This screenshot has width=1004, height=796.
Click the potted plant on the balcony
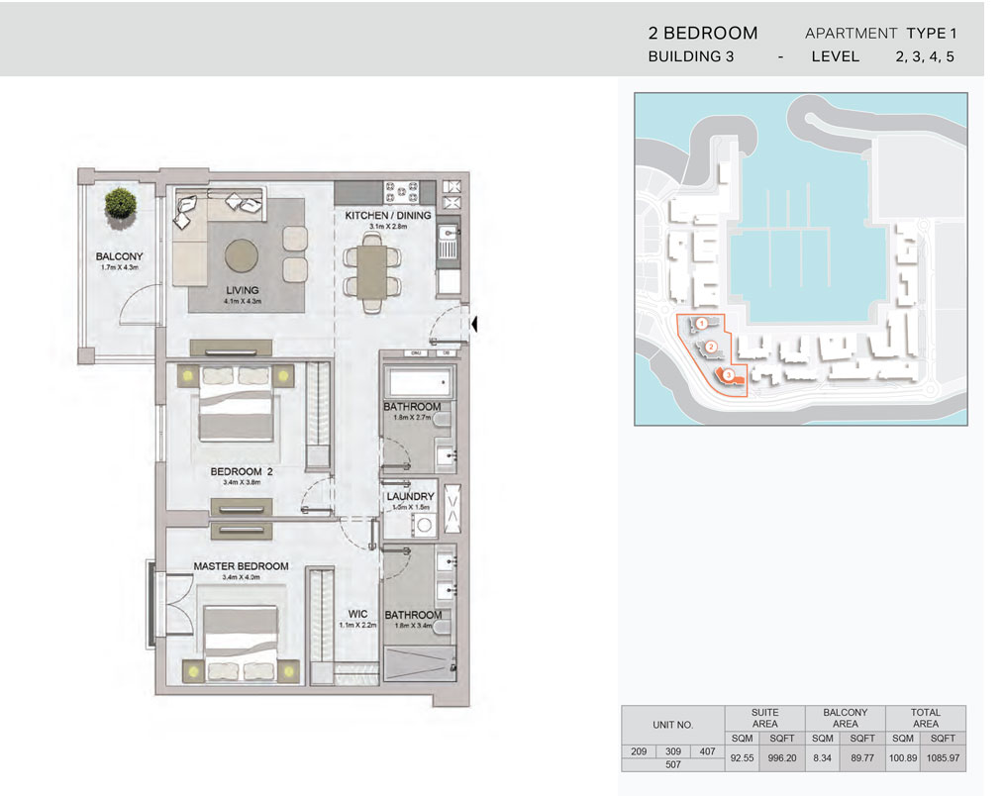120,202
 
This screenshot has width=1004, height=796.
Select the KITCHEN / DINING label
387,215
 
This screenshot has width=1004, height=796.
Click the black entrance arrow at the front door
476,323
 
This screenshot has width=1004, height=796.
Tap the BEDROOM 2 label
242,472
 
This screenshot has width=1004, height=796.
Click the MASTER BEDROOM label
241,566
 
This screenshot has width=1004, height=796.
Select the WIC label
357,614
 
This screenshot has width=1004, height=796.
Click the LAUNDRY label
410,497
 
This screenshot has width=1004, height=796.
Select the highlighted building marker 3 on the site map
728,375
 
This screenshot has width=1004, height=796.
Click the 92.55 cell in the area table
742,758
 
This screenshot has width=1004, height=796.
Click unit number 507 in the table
671,765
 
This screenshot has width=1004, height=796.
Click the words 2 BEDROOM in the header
702,34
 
